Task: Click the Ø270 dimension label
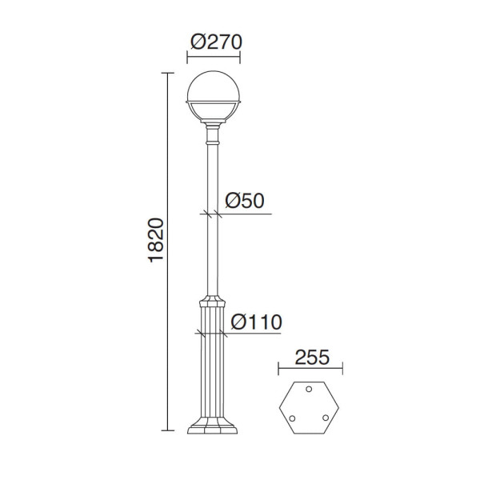216,42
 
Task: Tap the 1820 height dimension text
156,240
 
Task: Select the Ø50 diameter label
245,201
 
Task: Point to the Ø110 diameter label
256,322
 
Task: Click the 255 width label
312,357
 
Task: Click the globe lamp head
213,97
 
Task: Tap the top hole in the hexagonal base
309,389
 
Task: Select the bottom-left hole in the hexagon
292,418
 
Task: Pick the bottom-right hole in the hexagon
326,418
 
